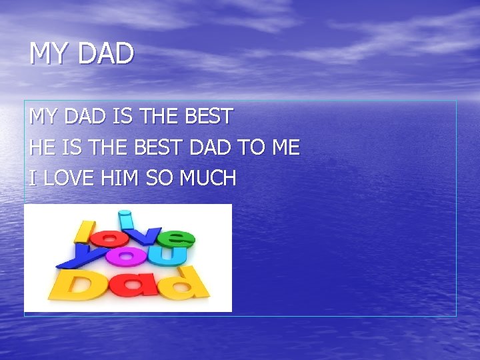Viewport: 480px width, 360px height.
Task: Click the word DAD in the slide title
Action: (106, 54)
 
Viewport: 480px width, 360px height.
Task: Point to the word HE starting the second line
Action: (41, 147)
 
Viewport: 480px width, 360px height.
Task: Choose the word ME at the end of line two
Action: (285, 147)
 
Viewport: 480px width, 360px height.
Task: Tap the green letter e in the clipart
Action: (176, 237)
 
